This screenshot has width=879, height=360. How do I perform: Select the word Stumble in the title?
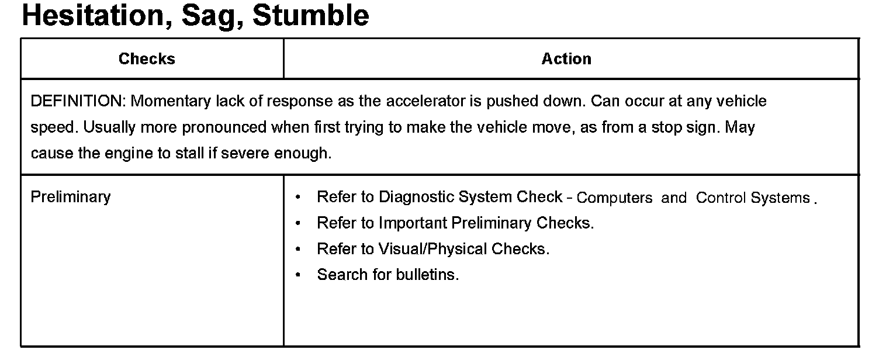click(x=311, y=16)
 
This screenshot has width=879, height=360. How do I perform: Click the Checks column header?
click(x=147, y=58)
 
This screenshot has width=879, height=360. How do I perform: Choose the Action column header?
click(x=566, y=58)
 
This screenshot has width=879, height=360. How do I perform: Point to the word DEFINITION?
click(x=77, y=101)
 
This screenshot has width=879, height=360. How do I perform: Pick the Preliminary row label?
click(x=70, y=196)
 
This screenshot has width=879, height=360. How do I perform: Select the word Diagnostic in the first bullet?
click(x=416, y=197)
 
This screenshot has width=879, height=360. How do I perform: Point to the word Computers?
click(x=614, y=198)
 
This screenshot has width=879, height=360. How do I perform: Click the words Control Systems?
click(x=753, y=198)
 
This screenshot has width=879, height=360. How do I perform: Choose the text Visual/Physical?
click(x=433, y=249)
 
